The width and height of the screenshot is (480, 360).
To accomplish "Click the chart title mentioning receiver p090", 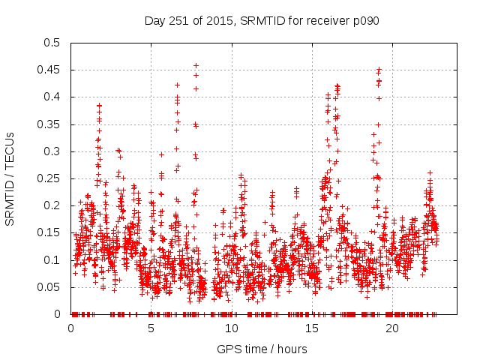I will tap(262, 20).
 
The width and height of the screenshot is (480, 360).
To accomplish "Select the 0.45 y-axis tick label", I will tap(52, 70).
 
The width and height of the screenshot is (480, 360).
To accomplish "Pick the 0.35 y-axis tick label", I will tap(52, 124).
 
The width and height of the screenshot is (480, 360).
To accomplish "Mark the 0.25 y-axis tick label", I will tap(52, 178).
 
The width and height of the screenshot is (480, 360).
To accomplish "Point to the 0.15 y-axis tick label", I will tap(52, 232).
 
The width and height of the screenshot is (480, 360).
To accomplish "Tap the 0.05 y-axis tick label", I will tap(52, 287).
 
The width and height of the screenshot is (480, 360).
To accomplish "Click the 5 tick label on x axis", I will tap(151, 328).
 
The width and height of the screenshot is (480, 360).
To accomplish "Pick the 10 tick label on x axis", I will tap(232, 328).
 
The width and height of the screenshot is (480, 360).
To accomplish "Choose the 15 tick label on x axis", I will tap(312, 328).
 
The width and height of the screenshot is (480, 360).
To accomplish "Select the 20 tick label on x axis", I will tap(392, 328).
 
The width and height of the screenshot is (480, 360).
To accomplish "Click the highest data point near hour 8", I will tap(196, 65).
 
